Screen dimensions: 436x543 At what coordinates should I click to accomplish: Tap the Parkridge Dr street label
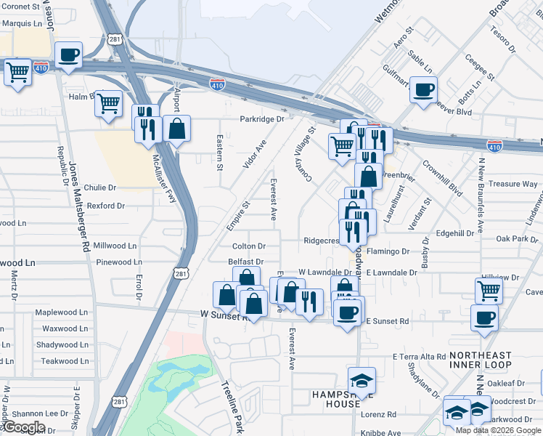pyautogui.click(x=262, y=118)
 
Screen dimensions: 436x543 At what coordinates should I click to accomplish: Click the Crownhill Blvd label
pyautogui.click(x=442, y=179)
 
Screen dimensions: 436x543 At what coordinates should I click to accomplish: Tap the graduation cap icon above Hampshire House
pyautogui.click(x=361, y=380)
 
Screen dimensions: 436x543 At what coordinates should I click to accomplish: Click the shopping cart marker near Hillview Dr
pyautogui.click(x=489, y=291)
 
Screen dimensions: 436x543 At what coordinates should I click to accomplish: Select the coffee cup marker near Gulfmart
pyautogui.click(x=423, y=90)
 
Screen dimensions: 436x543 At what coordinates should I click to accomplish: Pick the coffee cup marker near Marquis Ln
pyautogui.click(x=68, y=54)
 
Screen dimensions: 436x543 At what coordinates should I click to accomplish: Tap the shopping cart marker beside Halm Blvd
pyautogui.click(x=108, y=104)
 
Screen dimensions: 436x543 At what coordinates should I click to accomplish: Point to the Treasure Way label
pyautogui.click(x=513, y=185)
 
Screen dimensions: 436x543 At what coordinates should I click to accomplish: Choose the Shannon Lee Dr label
pyautogui.click(x=44, y=413)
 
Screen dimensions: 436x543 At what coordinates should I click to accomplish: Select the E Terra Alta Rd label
pyautogui.click(x=418, y=357)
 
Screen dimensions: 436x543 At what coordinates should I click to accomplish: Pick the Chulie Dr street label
pyautogui.click(x=99, y=187)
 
